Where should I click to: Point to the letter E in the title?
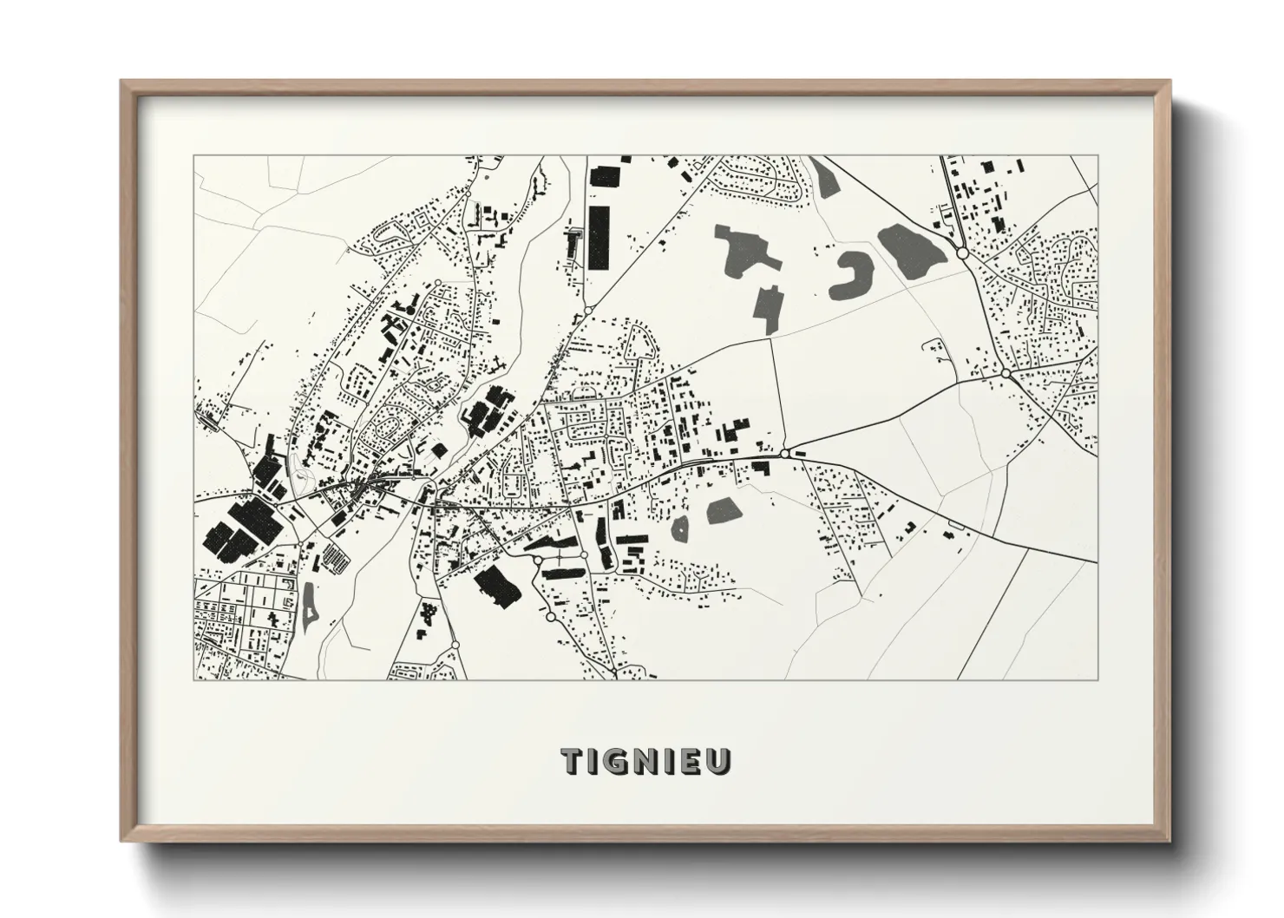point(696,761)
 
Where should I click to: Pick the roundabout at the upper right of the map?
point(962,252)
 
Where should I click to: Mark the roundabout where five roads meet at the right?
point(1005,373)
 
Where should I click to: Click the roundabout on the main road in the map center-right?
point(784,453)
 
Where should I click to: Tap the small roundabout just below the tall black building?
point(587,310)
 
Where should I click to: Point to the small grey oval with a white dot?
point(679,528)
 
